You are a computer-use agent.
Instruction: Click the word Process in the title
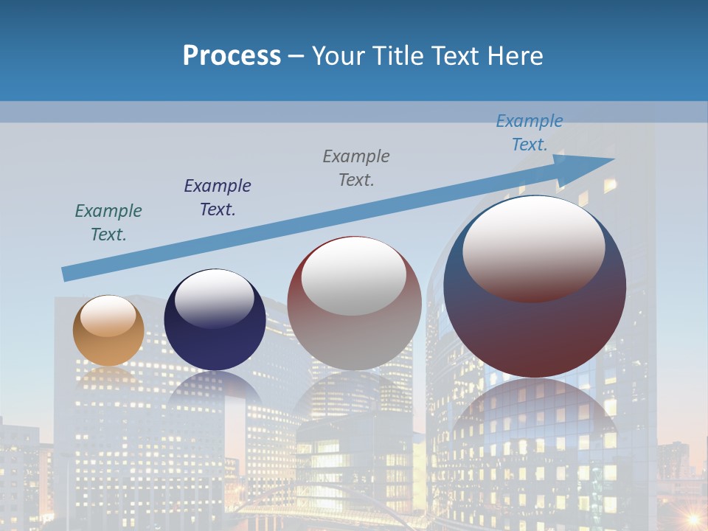pos(232,55)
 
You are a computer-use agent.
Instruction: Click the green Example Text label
pos(108,222)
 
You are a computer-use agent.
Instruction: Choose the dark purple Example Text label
pos(218,197)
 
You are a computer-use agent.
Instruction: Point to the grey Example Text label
pos(356,167)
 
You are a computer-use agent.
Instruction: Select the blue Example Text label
pos(530,132)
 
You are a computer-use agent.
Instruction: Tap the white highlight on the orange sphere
pos(108,316)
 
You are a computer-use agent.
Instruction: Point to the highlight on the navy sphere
pos(214,296)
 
